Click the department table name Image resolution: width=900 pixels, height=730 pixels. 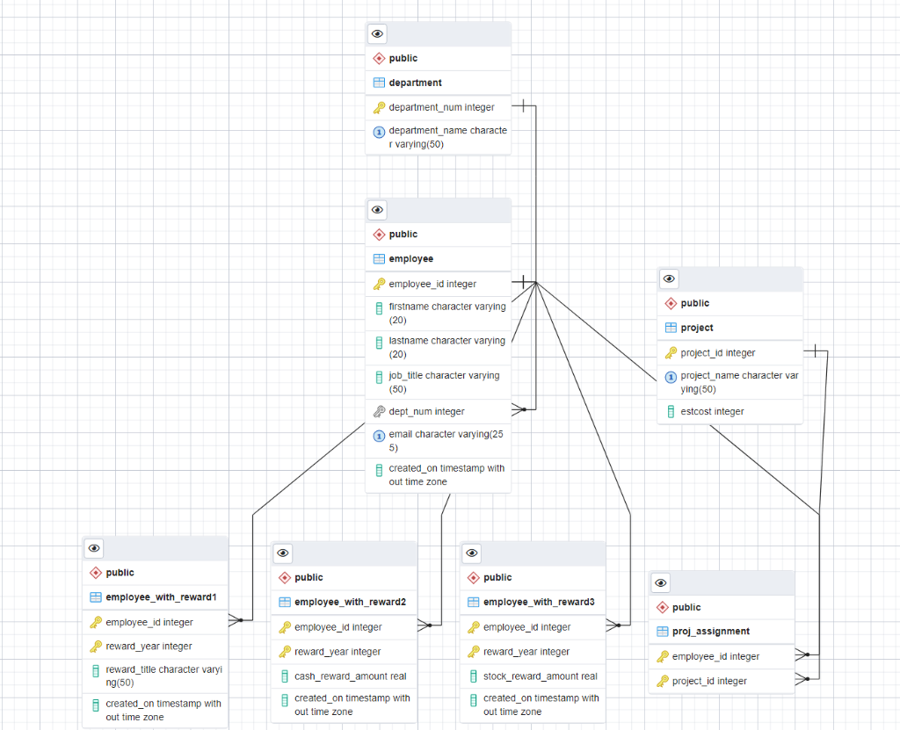point(415,83)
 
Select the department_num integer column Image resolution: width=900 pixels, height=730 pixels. point(441,107)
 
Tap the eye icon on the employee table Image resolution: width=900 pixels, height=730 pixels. point(378,210)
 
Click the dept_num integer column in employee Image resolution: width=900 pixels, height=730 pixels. point(426,411)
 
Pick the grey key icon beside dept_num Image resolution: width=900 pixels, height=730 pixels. point(379,411)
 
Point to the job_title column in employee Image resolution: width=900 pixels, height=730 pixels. point(444,381)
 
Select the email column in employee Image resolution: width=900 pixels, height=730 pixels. point(446,440)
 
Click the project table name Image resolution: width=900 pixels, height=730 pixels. point(697,328)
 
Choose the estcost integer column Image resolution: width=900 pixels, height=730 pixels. point(712,411)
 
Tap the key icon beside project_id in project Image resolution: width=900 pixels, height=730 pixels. point(671,353)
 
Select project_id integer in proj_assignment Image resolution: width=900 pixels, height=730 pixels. point(709,681)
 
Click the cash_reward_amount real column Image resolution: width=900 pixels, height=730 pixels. point(350,676)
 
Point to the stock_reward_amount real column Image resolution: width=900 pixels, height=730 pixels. point(540,676)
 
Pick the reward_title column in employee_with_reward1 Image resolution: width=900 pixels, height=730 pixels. point(163,676)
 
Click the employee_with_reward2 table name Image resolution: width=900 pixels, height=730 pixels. point(350,602)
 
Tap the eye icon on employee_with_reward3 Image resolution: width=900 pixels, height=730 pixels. point(472,553)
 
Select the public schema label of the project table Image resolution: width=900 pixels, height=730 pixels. point(694,303)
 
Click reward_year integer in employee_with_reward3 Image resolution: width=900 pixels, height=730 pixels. point(526,652)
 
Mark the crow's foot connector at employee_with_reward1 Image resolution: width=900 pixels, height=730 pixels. point(235,620)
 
